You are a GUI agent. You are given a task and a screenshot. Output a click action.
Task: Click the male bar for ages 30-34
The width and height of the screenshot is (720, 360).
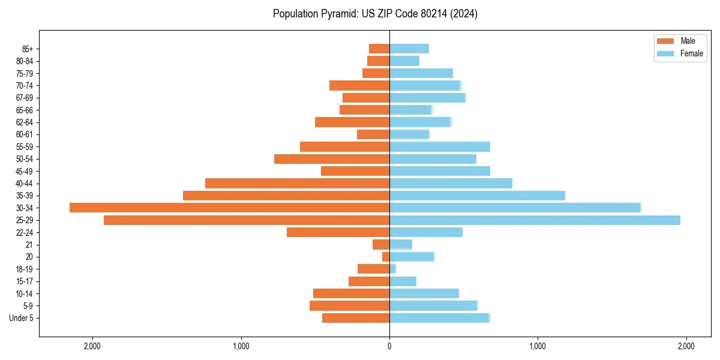[x=229, y=208]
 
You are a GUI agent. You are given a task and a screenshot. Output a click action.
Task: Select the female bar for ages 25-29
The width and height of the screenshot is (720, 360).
[x=535, y=220]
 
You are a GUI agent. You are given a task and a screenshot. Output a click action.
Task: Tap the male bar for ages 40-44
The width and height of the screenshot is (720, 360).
[x=297, y=183]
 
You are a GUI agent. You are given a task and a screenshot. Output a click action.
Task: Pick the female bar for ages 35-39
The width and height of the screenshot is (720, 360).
[x=477, y=196]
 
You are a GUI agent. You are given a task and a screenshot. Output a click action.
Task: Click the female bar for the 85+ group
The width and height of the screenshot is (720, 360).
[x=409, y=49]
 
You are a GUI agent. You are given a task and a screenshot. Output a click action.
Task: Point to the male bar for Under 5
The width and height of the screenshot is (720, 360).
[x=356, y=318]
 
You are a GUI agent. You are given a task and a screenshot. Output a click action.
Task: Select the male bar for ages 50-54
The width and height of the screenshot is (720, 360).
[x=332, y=159]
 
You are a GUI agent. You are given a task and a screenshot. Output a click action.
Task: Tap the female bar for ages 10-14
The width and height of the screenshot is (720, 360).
[x=424, y=293]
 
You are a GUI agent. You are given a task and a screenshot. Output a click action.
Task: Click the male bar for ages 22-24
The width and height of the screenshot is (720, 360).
[x=338, y=232]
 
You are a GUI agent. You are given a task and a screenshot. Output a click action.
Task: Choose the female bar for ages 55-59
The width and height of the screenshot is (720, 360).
[x=440, y=146]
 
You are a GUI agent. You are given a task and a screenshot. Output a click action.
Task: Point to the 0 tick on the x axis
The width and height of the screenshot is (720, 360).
[x=389, y=346]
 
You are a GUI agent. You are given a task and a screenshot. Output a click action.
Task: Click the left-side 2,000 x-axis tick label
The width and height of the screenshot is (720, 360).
[x=92, y=346]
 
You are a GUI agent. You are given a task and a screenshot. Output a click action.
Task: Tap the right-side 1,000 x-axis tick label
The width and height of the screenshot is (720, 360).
[x=538, y=346]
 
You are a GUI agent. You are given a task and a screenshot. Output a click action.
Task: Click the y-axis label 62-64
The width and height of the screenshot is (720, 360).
[x=24, y=122]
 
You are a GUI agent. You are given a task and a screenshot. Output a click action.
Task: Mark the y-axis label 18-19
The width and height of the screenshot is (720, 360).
[x=24, y=269]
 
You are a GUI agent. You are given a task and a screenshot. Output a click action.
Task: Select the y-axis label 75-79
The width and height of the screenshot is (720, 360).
[x=24, y=73]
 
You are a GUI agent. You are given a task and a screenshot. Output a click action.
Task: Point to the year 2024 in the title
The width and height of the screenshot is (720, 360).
[x=466, y=14]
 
